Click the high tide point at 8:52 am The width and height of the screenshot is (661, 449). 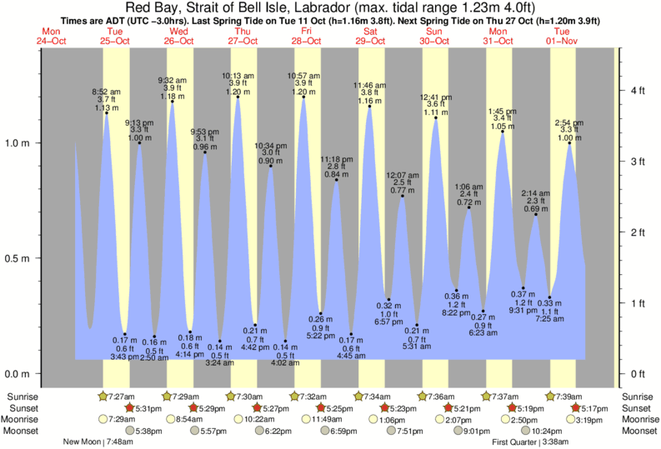coord(107,112)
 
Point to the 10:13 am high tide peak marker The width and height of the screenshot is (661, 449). coord(238,97)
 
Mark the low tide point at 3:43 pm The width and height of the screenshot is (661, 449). coord(124,334)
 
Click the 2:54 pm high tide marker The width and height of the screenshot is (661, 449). coord(569,142)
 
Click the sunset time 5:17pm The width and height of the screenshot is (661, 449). coord(589,407)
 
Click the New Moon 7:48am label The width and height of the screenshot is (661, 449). coord(98,442)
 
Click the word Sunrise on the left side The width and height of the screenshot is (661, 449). coord(23,397)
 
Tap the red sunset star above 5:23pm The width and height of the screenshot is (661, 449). coord(386,407)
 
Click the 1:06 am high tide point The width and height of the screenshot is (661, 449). coord(468,207)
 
